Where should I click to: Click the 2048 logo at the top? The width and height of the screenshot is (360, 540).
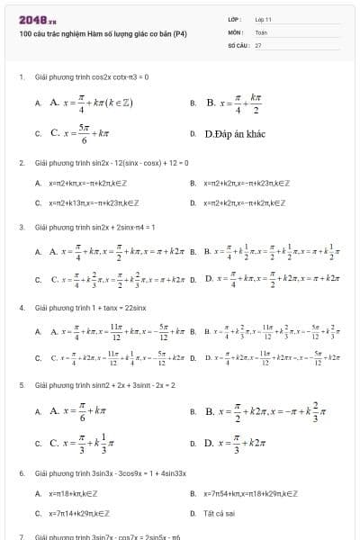pyautogui.click(x=37, y=19)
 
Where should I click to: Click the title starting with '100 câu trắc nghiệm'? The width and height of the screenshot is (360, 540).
pyautogui.click(x=103, y=33)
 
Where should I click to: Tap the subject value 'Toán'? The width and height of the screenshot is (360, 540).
pyautogui.click(x=261, y=31)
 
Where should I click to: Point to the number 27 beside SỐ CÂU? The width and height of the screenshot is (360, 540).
pyautogui.click(x=258, y=44)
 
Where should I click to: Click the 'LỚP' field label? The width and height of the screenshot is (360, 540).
pyautogui.click(x=235, y=18)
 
